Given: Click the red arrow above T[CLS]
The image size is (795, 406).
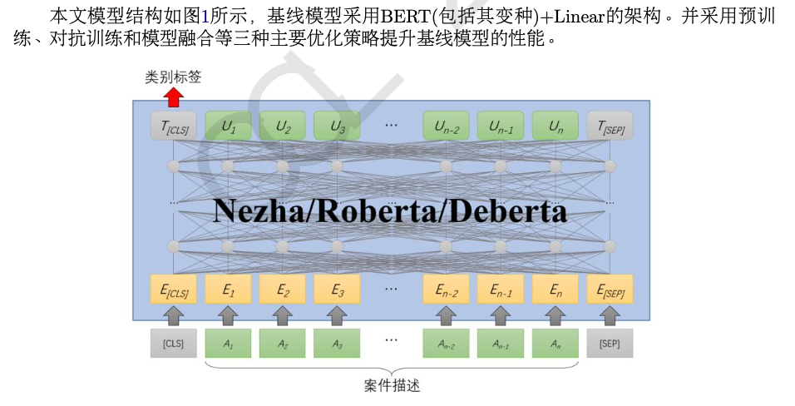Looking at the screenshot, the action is click(174, 97).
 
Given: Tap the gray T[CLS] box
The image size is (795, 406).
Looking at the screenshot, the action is click(174, 127).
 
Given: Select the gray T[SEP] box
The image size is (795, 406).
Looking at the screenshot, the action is click(610, 127).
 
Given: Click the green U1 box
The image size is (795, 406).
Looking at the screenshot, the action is click(228, 127).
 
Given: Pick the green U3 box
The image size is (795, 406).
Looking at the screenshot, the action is click(337, 127).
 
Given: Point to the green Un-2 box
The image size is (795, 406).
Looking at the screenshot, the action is click(447, 127).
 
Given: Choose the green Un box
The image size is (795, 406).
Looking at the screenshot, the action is click(555, 127).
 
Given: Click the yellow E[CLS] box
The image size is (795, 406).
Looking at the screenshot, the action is click(174, 290).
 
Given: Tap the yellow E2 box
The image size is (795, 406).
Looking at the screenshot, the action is click(283, 290).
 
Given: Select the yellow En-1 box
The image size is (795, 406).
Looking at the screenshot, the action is click(501, 290).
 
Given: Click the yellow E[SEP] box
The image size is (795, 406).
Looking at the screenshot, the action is click(610, 290).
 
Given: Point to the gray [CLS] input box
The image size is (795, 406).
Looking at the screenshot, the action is click(174, 343).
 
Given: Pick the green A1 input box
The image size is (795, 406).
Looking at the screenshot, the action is click(228, 343).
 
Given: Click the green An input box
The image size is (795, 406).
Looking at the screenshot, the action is click(555, 343).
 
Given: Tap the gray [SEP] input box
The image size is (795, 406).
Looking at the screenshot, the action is click(610, 343).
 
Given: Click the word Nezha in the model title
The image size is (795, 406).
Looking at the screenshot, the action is click(254, 210).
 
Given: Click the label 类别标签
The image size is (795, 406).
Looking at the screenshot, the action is click(173, 77).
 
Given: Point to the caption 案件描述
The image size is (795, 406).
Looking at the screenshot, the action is click(392, 385).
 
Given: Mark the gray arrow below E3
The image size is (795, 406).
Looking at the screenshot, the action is click(337, 314).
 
